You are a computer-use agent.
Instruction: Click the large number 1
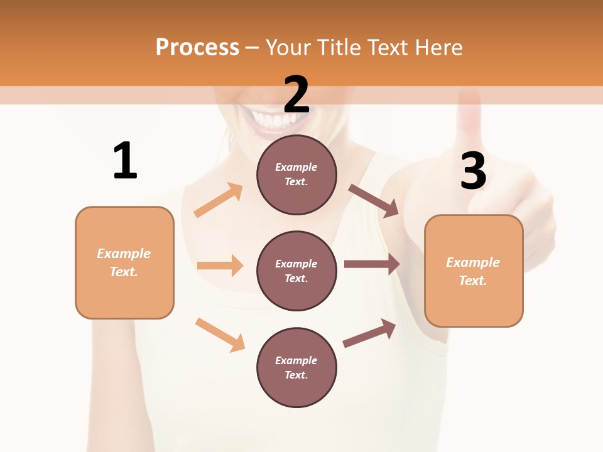(x=125, y=161)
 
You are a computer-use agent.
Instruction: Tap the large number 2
(x=296, y=94)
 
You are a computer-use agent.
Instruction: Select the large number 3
(x=473, y=171)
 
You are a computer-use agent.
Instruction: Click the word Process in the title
(x=197, y=47)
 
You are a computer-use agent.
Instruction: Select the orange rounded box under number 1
(x=124, y=262)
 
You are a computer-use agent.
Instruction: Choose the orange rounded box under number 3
(x=474, y=271)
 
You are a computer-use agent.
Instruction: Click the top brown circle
(x=296, y=175)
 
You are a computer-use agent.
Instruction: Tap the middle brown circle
(x=296, y=271)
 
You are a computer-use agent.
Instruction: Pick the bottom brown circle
(x=296, y=368)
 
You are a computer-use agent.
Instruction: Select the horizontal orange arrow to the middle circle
(x=220, y=266)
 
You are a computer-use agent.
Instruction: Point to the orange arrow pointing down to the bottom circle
(x=220, y=335)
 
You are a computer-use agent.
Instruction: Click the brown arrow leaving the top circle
(x=374, y=201)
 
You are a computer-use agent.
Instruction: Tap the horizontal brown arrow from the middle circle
(x=372, y=264)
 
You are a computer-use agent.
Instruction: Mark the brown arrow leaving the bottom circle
(x=369, y=333)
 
